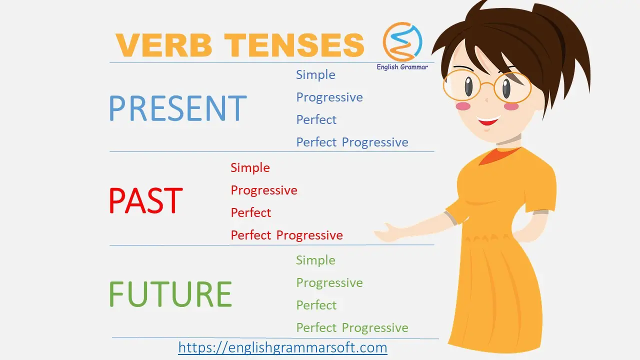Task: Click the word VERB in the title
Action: click(x=163, y=45)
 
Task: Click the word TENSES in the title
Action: click(x=294, y=45)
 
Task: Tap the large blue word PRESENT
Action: click(x=177, y=108)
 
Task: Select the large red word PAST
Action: click(x=145, y=200)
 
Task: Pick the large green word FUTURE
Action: click(x=170, y=293)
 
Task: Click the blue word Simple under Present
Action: click(x=315, y=75)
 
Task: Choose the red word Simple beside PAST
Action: click(x=250, y=167)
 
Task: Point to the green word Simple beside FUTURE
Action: click(x=315, y=260)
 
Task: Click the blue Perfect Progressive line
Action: click(x=352, y=142)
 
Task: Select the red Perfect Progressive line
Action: click(x=286, y=235)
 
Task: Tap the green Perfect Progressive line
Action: click(x=352, y=327)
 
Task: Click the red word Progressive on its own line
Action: click(x=264, y=190)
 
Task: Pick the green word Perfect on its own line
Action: click(x=316, y=305)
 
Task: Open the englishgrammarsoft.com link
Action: click(x=282, y=347)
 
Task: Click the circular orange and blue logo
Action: click(x=402, y=41)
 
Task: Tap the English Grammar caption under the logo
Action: click(x=402, y=67)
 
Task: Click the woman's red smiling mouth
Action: click(x=488, y=120)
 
